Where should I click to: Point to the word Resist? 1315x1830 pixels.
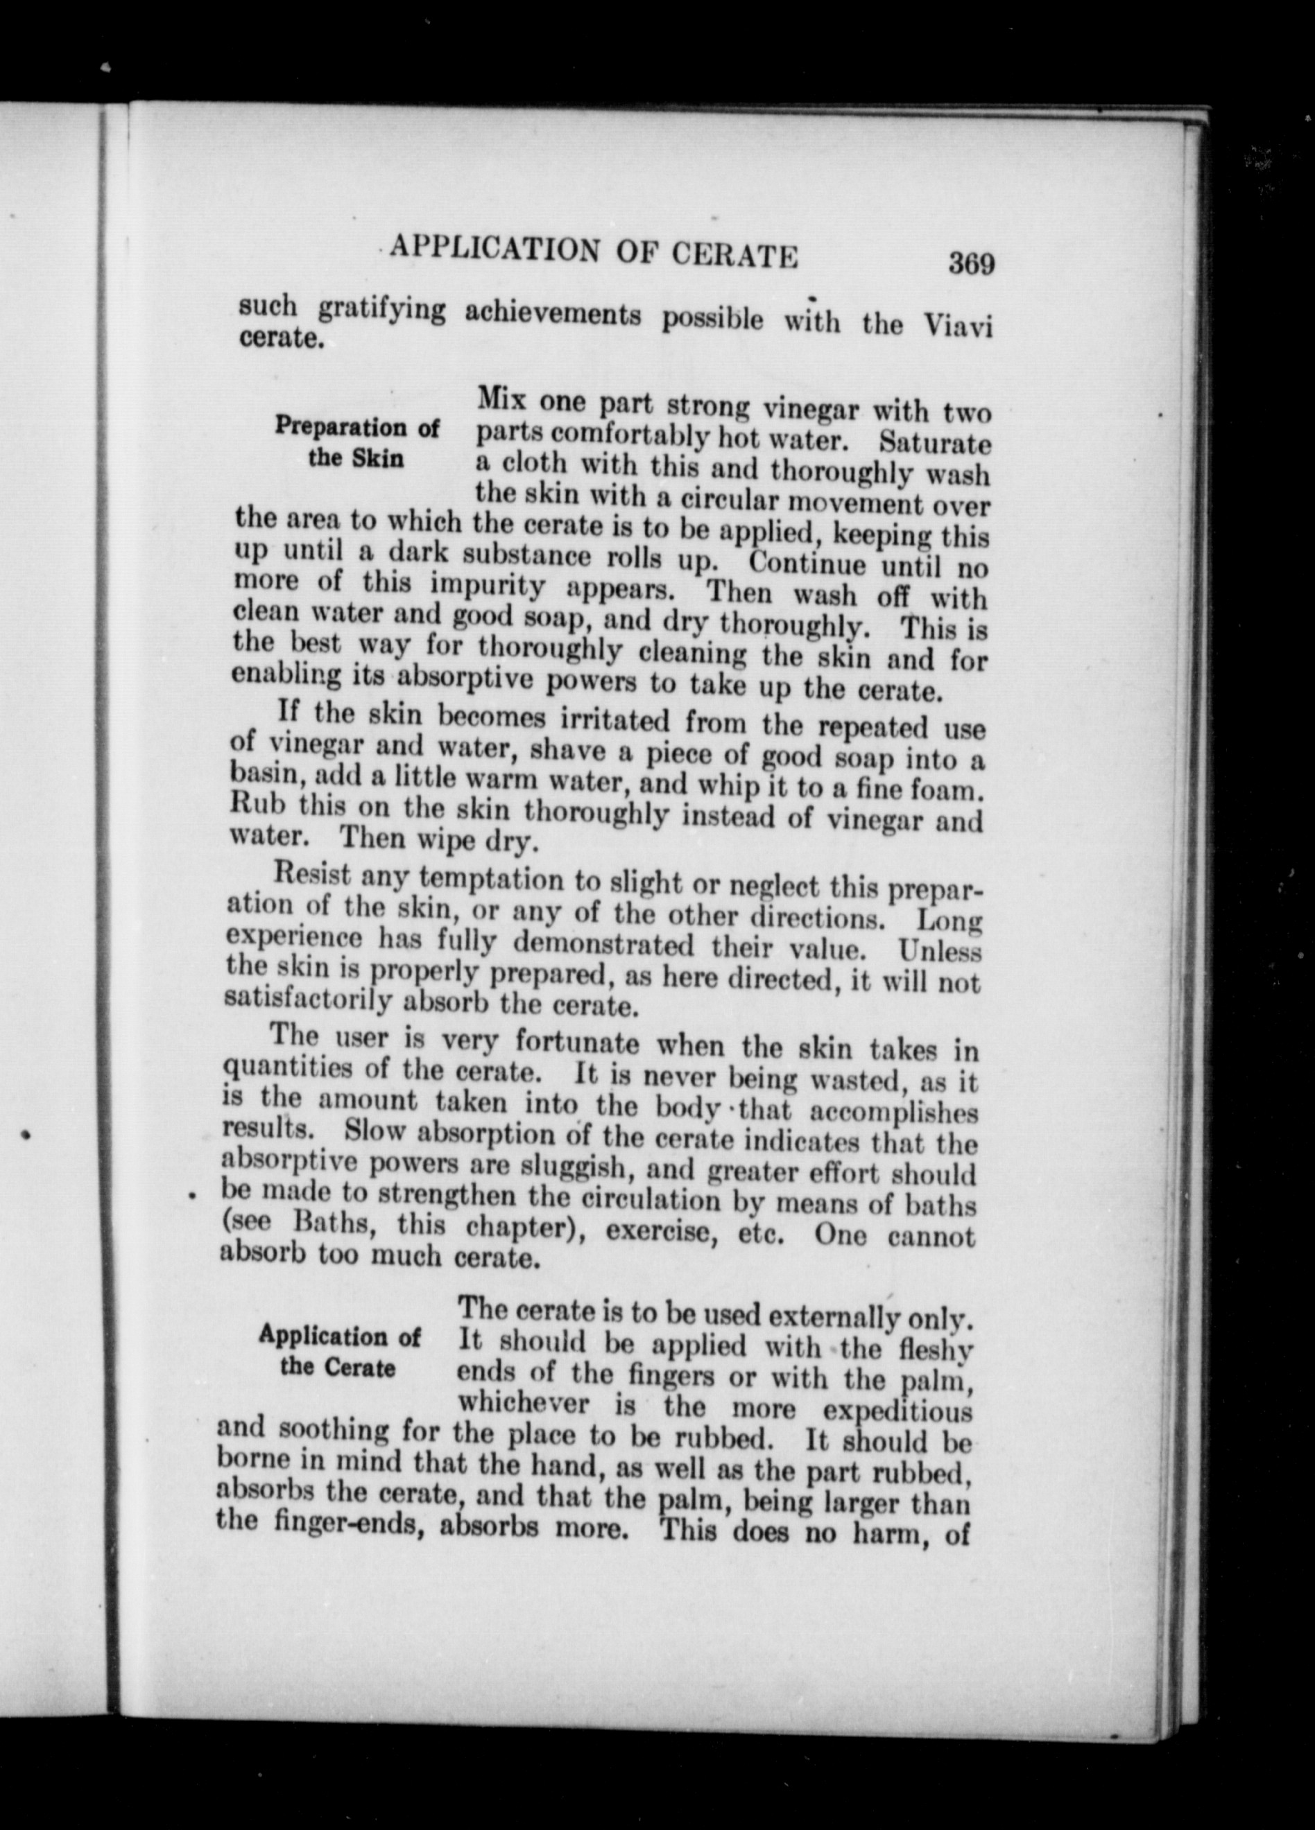pyautogui.click(x=312, y=874)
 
